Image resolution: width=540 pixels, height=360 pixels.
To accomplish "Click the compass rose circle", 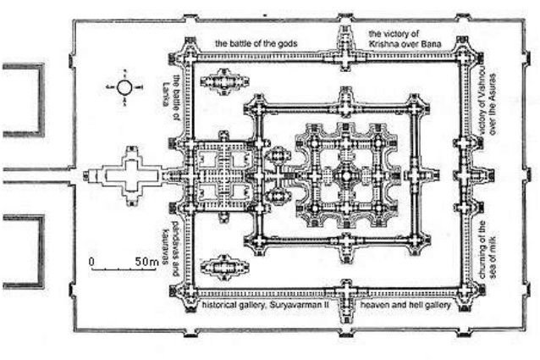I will pos(124,87).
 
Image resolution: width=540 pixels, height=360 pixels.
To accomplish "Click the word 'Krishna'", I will pos(389,42).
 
